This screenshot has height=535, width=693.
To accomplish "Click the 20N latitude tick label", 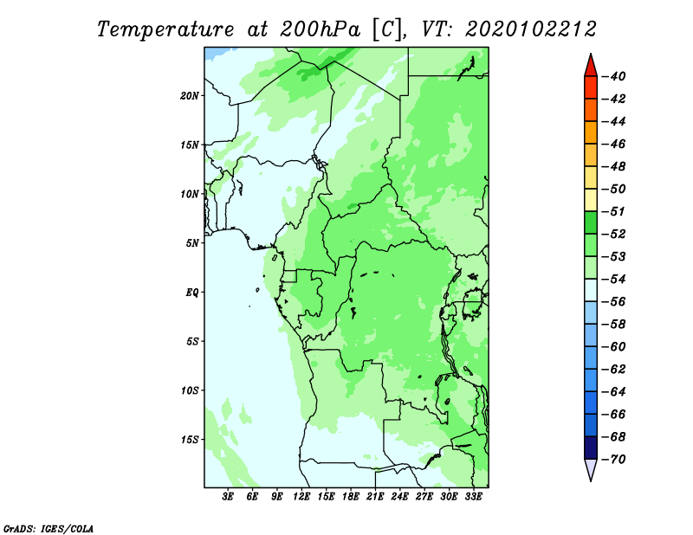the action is coord(189,95).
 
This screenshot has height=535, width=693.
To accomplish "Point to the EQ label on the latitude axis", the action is coord(192,293).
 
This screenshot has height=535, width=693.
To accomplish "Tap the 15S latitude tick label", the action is coord(189,440).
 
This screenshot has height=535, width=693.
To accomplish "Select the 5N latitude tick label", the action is coord(192,243).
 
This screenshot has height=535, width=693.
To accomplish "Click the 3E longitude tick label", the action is coord(228,497).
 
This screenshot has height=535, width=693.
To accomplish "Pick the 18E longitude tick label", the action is coord(351,497).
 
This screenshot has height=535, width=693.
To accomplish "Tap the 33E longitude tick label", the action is coord(473,497).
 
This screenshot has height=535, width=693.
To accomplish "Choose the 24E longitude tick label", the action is coord(399,497).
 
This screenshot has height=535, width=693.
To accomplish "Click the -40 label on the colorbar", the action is coord(614,76).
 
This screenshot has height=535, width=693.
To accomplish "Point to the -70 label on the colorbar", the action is coord(614,460).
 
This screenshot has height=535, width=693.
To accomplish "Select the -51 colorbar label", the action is coord(614,211).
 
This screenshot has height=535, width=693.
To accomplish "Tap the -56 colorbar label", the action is coord(614,302).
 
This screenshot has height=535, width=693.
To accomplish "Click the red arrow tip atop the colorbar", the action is coord(591,54).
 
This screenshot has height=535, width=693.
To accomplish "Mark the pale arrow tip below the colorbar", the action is coord(591,480).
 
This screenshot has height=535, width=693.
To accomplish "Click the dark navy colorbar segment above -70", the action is coord(591,448).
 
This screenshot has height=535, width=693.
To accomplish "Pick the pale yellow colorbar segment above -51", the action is coord(591,200).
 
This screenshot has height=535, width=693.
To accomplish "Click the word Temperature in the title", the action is coord(165,29).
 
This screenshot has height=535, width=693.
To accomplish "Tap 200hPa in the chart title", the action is coord(320,29).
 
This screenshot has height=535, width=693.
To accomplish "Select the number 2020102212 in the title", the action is coord(531,29).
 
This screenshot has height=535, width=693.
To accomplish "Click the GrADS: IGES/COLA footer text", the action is coord(49,528).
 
